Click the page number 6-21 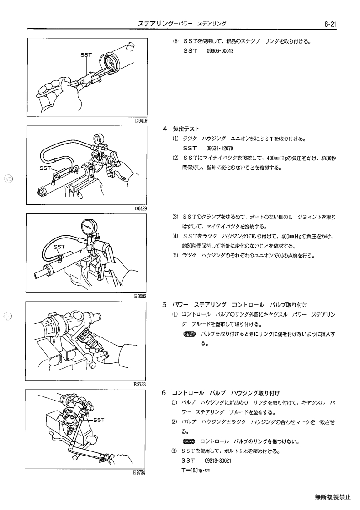[330, 24]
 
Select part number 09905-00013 [220, 51]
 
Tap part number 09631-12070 [220, 149]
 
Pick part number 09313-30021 [218, 460]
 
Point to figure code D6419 [141, 121]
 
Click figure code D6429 [141, 208]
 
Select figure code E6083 [140, 296]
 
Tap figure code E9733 [140, 384]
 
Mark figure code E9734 [139, 473]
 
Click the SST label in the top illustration [86, 55]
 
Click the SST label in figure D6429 [45, 168]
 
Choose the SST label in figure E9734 [99, 420]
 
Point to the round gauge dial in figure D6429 [97, 139]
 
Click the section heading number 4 [165, 129]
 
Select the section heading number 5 [164, 305]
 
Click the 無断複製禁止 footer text [333, 497]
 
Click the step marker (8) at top [176, 42]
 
